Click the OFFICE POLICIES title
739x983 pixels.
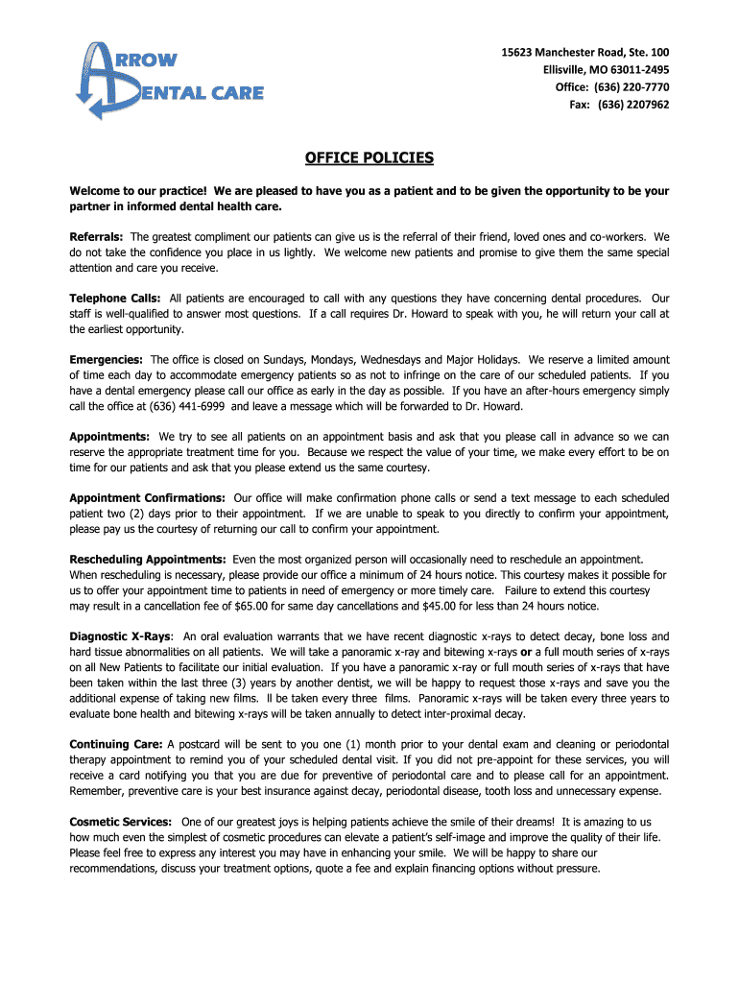click(369, 157)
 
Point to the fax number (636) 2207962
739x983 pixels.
click(633, 105)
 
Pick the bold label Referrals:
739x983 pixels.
click(96, 236)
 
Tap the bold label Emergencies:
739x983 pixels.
click(106, 359)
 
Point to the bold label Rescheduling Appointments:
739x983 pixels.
click(148, 559)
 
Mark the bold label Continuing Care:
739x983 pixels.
click(116, 744)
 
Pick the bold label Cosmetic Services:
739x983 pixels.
click(121, 822)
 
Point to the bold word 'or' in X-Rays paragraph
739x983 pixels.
click(526, 652)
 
